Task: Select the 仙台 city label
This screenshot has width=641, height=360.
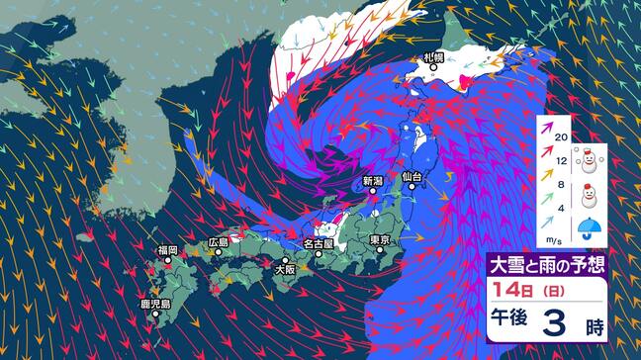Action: click(412, 175)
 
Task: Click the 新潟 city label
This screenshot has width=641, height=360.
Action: click(372, 181)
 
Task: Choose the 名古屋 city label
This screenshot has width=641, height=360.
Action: click(319, 242)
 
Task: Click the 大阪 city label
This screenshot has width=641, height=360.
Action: click(285, 267)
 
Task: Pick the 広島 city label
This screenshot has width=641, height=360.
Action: click(218, 241)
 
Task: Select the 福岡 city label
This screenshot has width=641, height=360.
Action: click(166, 250)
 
